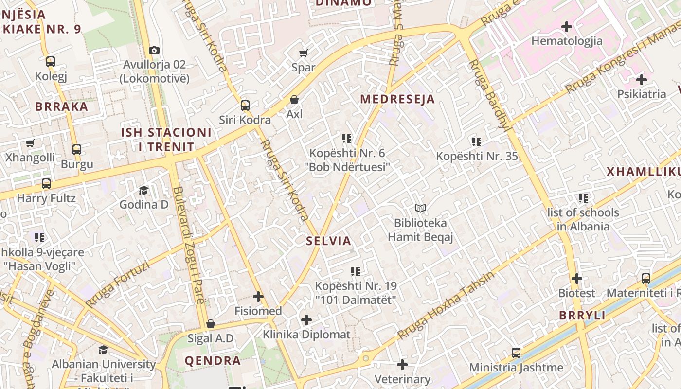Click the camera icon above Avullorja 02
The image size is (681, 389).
pos(154,50)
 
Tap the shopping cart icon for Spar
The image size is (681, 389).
pos(304,53)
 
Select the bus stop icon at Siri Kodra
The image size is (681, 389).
pos(245,106)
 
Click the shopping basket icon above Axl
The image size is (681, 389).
pos(294,100)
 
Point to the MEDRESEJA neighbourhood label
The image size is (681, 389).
pos(397,99)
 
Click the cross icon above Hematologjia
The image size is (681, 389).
pos(567,26)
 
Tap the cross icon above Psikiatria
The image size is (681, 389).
pos(642,79)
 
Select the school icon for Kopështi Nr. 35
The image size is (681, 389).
pos(477,142)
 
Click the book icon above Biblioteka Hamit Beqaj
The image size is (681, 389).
pos(420,209)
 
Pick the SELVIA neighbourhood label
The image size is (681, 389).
pos(329,241)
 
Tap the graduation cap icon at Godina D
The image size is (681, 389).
pos(143,190)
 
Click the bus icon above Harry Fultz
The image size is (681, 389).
pos(46,184)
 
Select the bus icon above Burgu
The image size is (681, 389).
pos(77,150)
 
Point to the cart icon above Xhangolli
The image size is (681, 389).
pos(30,143)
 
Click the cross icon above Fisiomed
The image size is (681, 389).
pos(258,297)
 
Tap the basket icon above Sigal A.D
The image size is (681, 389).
pos(211,324)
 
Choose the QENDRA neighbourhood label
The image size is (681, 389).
pos(213,361)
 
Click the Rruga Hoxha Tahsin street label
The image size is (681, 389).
pos(446,305)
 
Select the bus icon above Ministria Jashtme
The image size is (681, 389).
pos(516,353)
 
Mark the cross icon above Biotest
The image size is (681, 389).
pos(577,279)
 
